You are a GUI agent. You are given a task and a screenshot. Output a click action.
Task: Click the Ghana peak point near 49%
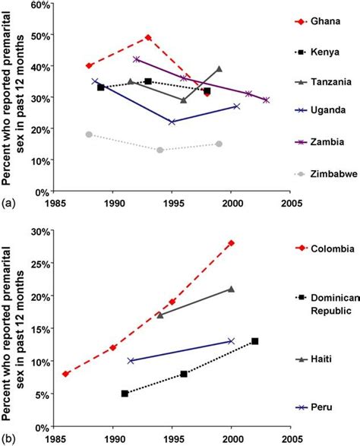click(148, 37)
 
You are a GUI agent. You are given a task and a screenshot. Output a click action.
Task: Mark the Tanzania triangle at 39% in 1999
click(219, 68)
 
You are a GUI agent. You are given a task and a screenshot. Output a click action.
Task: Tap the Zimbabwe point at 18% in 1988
click(89, 134)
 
